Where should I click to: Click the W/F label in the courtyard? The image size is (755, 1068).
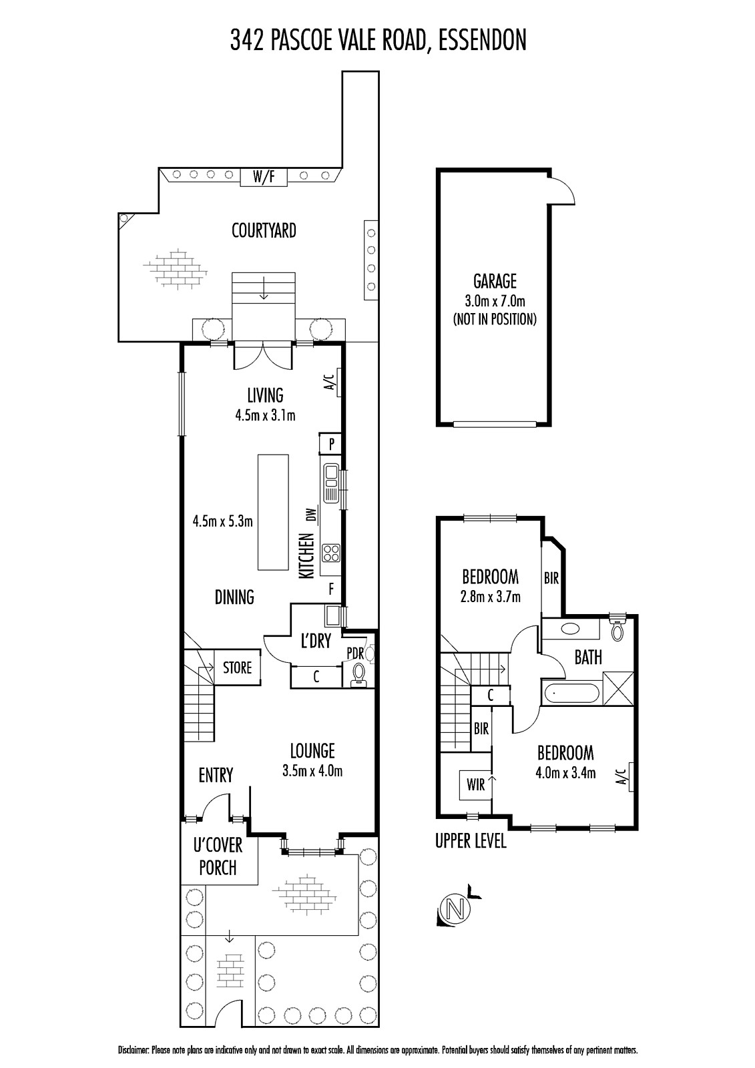click(x=264, y=177)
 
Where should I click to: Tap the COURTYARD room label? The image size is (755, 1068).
click(x=264, y=231)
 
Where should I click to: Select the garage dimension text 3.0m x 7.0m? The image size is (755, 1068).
click(x=495, y=301)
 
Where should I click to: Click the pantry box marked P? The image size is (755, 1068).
click(x=330, y=444)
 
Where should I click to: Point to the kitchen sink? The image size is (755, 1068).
click(x=330, y=483)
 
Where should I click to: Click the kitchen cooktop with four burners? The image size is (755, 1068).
click(x=331, y=553)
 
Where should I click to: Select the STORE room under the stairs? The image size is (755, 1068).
click(x=237, y=667)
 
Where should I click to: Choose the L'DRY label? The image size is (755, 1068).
click(x=316, y=641)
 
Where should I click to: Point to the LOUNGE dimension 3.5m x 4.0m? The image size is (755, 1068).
click(x=312, y=771)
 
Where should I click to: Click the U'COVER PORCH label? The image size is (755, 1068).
click(x=218, y=857)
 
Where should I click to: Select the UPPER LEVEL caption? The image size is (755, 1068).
click(x=471, y=841)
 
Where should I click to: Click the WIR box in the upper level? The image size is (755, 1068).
click(x=475, y=785)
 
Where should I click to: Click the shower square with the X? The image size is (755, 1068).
click(x=618, y=688)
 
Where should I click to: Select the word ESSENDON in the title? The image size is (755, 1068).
click(x=483, y=40)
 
